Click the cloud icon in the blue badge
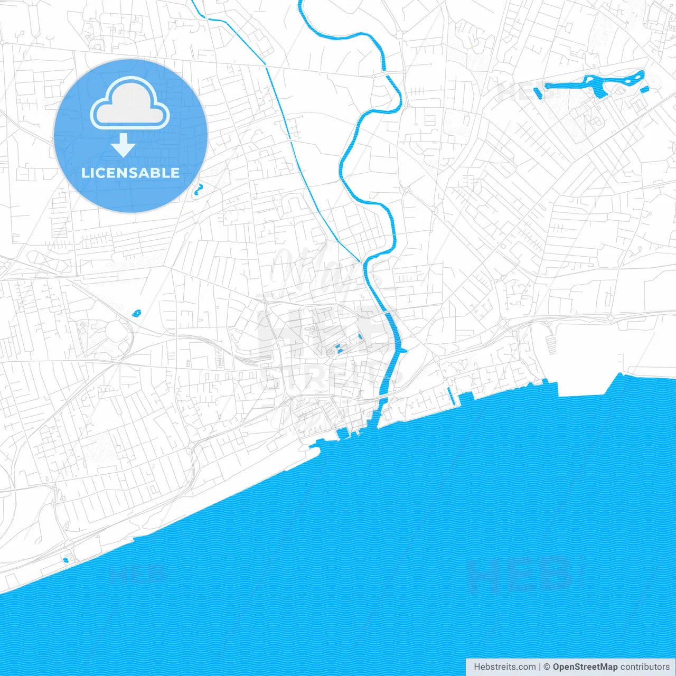(130, 103)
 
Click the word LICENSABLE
(130, 173)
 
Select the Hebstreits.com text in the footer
(504, 667)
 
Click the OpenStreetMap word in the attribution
(585, 667)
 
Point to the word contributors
(645, 667)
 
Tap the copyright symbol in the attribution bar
(547, 667)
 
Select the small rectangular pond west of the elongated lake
(538, 93)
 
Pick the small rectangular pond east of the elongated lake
(644, 89)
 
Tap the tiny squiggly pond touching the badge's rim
(198, 189)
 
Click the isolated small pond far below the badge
(137, 313)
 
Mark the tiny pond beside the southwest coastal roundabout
(65, 559)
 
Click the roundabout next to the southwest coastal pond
(69, 544)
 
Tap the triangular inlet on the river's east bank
(402, 350)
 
